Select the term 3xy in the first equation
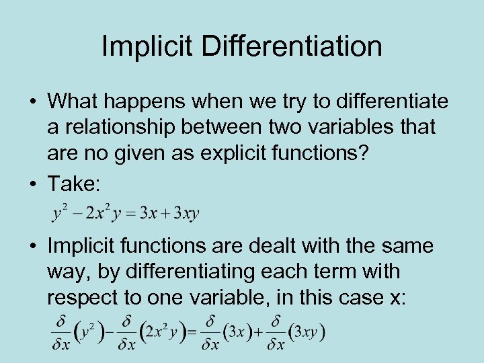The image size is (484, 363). click(x=187, y=214)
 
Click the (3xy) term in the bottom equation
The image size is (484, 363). click(x=307, y=333)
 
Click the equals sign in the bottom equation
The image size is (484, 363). click(x=192, y=333)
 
